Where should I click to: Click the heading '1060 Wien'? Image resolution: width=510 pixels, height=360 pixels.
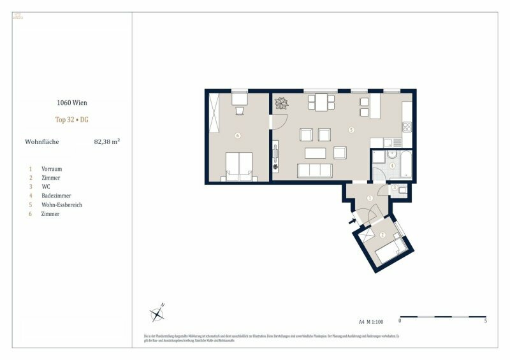pos(71,101)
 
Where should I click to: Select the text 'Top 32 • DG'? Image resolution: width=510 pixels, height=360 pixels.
pos(71,119)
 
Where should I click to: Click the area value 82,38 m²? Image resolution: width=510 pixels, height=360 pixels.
pos(106,142)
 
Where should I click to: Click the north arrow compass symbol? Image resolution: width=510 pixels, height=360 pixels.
pos(157,313)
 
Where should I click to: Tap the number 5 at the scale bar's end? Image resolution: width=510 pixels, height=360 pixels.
pos(486,322)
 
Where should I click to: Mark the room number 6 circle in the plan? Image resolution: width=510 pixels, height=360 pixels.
pos(237,135)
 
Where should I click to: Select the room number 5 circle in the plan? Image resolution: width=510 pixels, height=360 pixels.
pos(351,130)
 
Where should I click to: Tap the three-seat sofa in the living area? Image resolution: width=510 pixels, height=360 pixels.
pos(316,170)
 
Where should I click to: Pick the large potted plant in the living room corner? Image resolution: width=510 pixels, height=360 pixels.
pos(281,102)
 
